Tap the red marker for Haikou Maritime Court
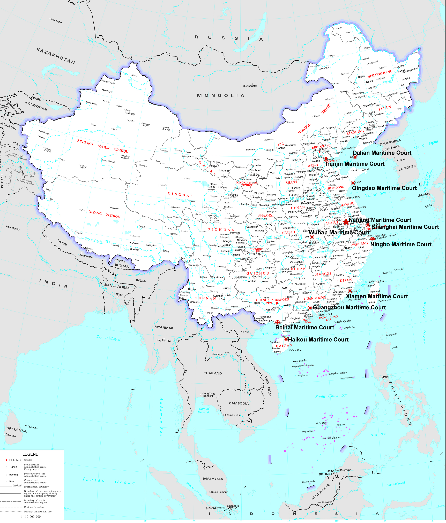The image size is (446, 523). pyautogui.click(x=286, y=339)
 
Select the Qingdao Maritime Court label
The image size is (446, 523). pyautogui.click(x=384, y=188)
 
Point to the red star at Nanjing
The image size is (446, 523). pyautogui.click(x=346, y=222)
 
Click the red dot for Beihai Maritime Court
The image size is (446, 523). pyautogui.click(x=277, y=322)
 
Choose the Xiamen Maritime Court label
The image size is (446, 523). pyautogui.click(x=377, y=296)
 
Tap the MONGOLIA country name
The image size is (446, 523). pyautogui.click(x=220, y=95)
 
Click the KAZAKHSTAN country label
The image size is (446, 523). pyautogui.click(x=56, y=56)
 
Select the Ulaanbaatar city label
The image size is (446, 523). pyautogui.click(x=250, y=86)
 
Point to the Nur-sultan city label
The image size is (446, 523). pyautogui.click(x=57, y=21)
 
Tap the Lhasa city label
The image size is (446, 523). pyautogui.click(x=135, y=243)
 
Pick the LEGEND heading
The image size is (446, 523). pyautogui.click(x=30, y=454)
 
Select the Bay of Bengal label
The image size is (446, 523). pyautogui.click(x=108, y=338)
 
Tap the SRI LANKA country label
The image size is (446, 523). pyautogui.click(x=16, y=429)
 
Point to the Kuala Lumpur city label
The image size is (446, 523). pyautogui.click(x=219, y=492)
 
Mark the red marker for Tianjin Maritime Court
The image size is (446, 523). pyautogui.click(x=326, y=160)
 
